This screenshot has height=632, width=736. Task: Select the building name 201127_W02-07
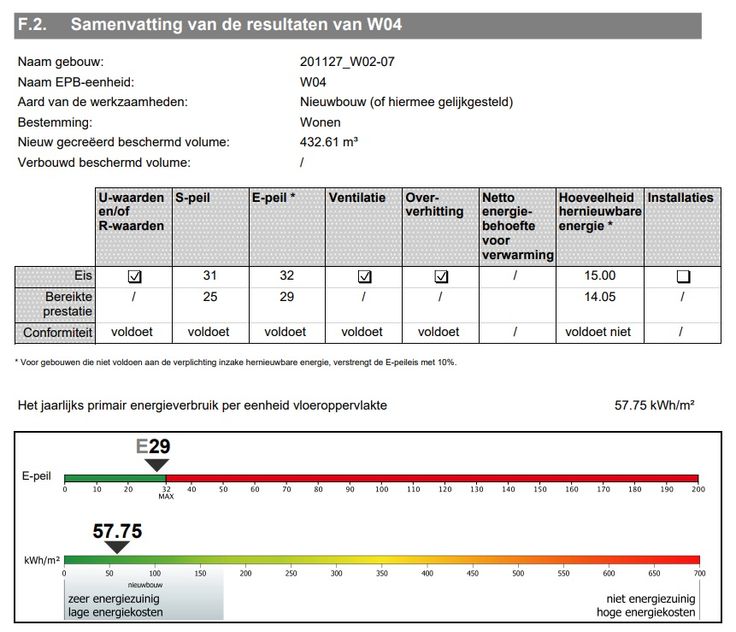346,62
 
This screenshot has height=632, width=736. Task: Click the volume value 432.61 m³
329,142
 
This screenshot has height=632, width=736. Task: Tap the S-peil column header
193,198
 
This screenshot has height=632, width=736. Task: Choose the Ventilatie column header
356,198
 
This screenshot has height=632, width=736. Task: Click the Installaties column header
680,198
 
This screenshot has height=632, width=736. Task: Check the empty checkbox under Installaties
683,277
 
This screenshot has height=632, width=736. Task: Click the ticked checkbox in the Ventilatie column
365,277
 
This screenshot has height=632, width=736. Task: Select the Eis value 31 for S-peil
210,276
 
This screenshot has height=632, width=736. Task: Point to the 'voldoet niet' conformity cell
598,332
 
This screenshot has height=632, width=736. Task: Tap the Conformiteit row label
58,332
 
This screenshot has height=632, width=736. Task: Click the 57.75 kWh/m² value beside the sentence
654,405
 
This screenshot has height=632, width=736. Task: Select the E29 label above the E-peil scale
153,446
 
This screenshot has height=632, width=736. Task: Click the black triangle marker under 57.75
118,546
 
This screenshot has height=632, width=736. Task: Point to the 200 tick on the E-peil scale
697,488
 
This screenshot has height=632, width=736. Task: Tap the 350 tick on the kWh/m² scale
382,573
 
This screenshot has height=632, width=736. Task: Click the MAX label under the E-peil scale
166,496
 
